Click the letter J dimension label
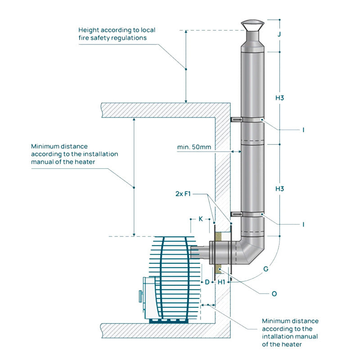pos(279,34)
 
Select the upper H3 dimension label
pos(279,98)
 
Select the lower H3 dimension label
pos(279,189)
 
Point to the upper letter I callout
pos(304,130)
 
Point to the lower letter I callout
pos(304,224)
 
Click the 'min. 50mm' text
pos(194,147)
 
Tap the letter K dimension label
pos(201,219)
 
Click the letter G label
pos(266,269)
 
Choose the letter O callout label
pos(274,293)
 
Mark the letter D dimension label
pos(207,282)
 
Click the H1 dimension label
pos(221,282)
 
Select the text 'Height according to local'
pos(117,30)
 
